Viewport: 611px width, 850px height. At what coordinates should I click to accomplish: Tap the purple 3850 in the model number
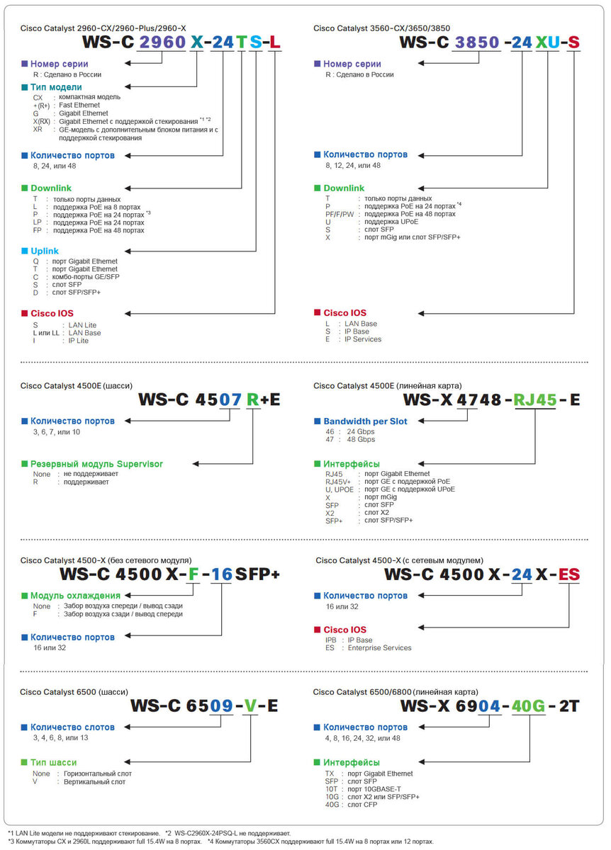click(x=478, y=42)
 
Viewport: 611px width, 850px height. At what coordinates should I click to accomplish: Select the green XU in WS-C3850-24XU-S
click(x=546, y=42)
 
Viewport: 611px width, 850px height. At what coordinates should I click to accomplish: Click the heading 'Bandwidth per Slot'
click(x=365, y=421)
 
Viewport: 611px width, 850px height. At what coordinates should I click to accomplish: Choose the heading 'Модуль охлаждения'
click(x=75, y=596)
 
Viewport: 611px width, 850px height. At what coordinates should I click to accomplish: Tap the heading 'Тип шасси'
click(x=53, y=762)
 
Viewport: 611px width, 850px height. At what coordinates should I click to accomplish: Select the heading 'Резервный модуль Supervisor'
click(x=96, y=464)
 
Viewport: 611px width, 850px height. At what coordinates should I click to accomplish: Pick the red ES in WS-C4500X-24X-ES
click(x=569, y=574)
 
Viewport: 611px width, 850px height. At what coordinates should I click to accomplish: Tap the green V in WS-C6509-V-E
click(x=251, y=705)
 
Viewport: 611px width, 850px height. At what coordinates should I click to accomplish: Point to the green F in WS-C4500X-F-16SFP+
click(x=192, y=574)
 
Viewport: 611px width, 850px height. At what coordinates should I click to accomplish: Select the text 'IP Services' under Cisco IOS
click(x=363, y=339)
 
